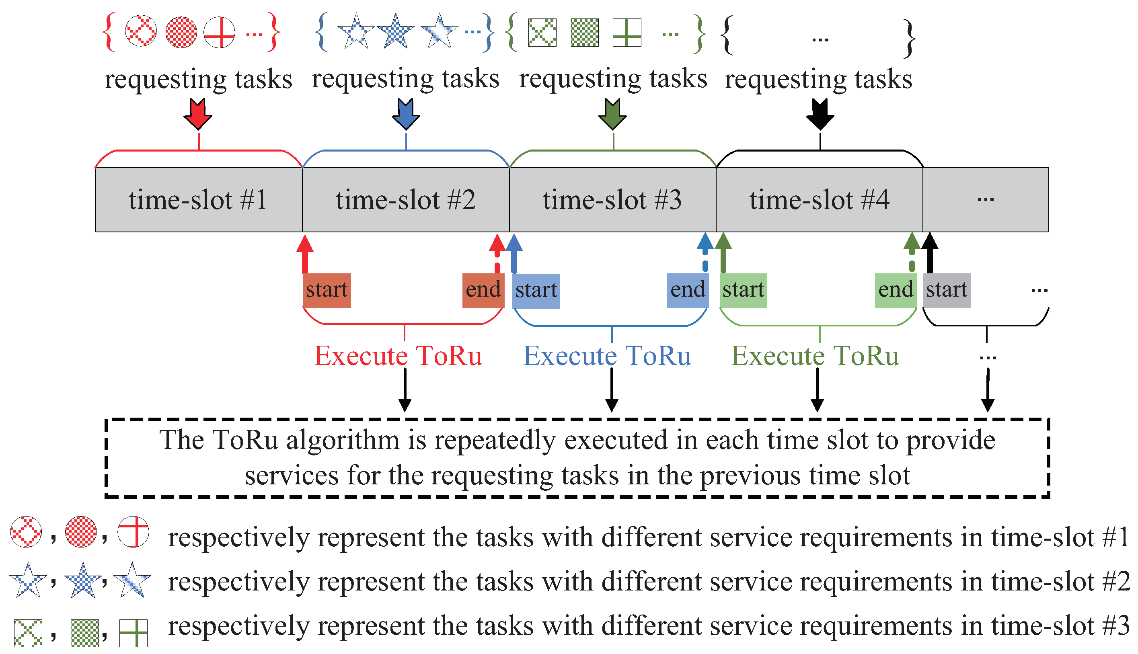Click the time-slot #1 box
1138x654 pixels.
tap(198, 200)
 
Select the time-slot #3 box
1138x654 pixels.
tap(612, 200)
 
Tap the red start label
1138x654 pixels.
tap(327, 290)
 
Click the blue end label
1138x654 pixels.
tap(687, 290)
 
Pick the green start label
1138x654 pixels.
tap(743, 290)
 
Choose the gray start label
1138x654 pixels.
tap(946, 290)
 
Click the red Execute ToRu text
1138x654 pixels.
tap(398, 356)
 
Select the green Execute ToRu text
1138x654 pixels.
tap(815, 356)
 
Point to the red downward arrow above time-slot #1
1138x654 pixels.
tap(198, 115)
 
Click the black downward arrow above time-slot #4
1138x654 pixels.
tap(820, 115)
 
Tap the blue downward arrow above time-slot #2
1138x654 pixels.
tap(406, 115)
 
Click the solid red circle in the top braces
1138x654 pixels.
tap(181, 32)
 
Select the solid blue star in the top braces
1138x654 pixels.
tap(395, 31)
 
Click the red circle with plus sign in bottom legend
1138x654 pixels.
tap(134, 532)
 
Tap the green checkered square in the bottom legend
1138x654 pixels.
tap(84, 633)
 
